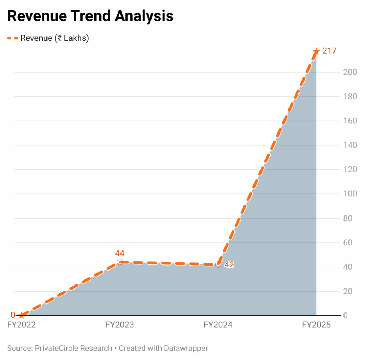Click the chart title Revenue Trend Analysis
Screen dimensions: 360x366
pos(90,16)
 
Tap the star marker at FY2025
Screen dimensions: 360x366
pos(316,52)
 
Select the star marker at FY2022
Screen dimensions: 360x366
pos(21,315)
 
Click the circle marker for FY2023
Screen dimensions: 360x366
pos(120,262)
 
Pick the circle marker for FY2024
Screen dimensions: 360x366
pos(218,264)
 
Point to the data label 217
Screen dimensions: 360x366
pos(329,51)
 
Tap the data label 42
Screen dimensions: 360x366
pos(229,265)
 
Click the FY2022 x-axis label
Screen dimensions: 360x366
pos(21,325)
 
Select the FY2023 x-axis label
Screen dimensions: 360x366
pos(120,325)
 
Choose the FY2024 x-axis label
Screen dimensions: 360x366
pos(218,325)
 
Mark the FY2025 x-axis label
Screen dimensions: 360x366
pos(316,325)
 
